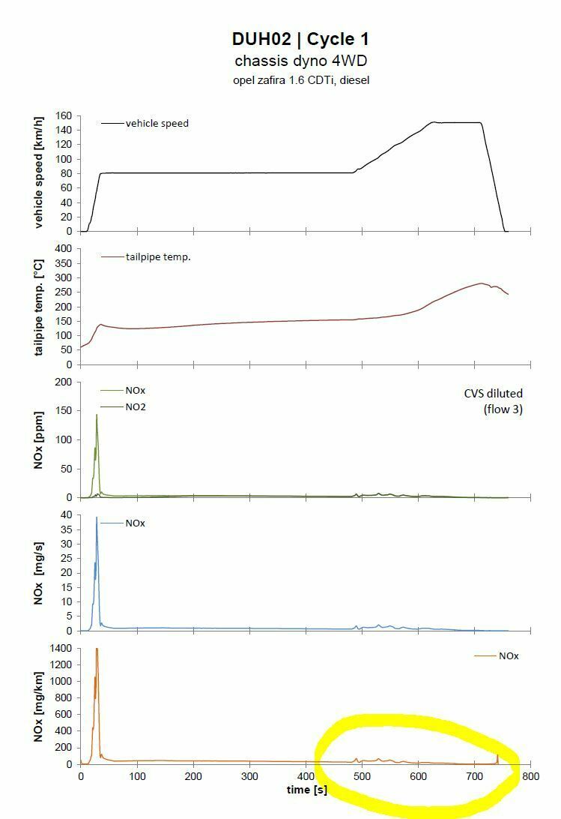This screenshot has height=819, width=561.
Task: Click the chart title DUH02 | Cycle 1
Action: pos(300,40)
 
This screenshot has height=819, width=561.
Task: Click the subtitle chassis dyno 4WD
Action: pos(300,61)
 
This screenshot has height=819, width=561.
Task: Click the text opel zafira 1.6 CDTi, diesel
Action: pos(300,79)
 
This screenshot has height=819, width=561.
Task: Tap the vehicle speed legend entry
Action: pos(157,123)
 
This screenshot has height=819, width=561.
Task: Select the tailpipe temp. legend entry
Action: pos(158,256)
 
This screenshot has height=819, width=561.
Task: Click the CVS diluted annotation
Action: pos(493,393)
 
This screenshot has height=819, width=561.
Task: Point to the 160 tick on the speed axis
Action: pos(62,116)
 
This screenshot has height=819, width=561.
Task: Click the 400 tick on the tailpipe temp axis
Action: pos(62,248)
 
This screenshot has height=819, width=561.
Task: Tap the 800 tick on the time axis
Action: pos(531,778)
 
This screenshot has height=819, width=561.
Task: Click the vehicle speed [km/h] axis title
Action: pos(40,172)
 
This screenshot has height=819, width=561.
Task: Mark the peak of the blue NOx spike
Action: pos(97,517)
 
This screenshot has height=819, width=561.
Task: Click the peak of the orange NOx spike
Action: pos(97,649)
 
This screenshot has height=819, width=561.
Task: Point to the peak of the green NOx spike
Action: pos(97,415)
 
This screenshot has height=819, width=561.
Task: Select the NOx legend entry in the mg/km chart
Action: pos(509,655)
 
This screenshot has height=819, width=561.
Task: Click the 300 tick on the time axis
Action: pos(249,778)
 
